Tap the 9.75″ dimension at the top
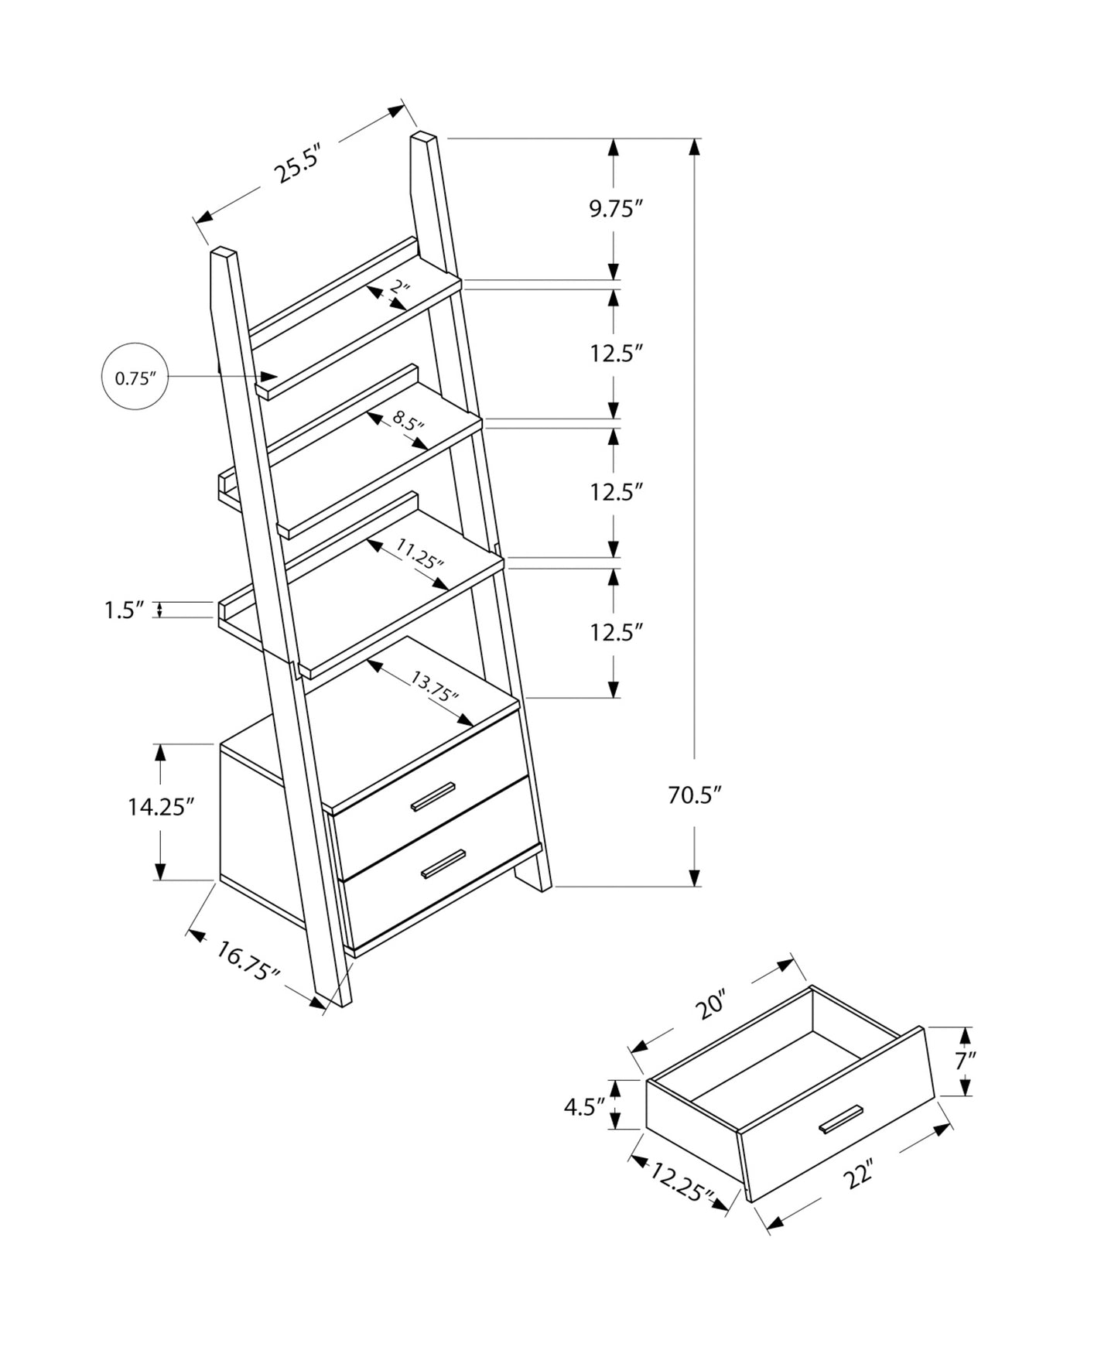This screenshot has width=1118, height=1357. (616, 209)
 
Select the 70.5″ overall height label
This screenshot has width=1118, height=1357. (694, 795)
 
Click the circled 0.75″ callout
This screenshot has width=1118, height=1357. (135, 377)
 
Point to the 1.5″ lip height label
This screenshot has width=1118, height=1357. (125, 610)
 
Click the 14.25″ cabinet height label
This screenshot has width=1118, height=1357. (159, 808)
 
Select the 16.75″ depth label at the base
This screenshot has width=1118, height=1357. (247, 960)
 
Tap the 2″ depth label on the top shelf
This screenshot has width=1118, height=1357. (399, 289)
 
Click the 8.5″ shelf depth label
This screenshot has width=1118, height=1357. (408, 422)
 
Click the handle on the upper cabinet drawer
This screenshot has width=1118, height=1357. (433, 797)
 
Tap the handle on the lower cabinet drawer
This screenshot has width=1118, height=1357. (443, 864)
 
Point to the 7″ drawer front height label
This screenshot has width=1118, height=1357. (965, 1061)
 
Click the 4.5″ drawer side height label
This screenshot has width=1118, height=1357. (583, 1107)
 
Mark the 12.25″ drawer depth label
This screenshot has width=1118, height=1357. (680, 1182)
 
